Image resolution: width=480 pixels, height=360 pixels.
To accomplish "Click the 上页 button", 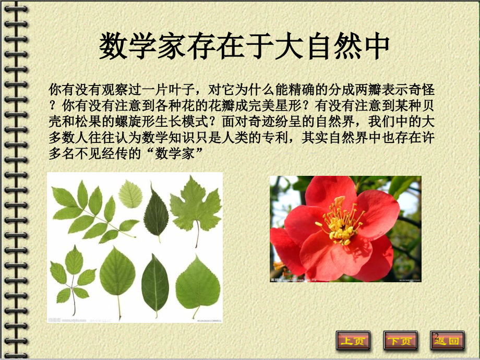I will coord(353,341).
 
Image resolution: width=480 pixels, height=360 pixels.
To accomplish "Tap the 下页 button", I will coord(400,341).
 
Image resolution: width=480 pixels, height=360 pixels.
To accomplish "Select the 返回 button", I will coord(447,341).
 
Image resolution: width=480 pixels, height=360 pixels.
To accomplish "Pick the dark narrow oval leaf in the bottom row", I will coord(155,285).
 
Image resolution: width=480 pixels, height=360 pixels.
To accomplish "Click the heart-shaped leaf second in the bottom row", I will coord(117,277).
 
